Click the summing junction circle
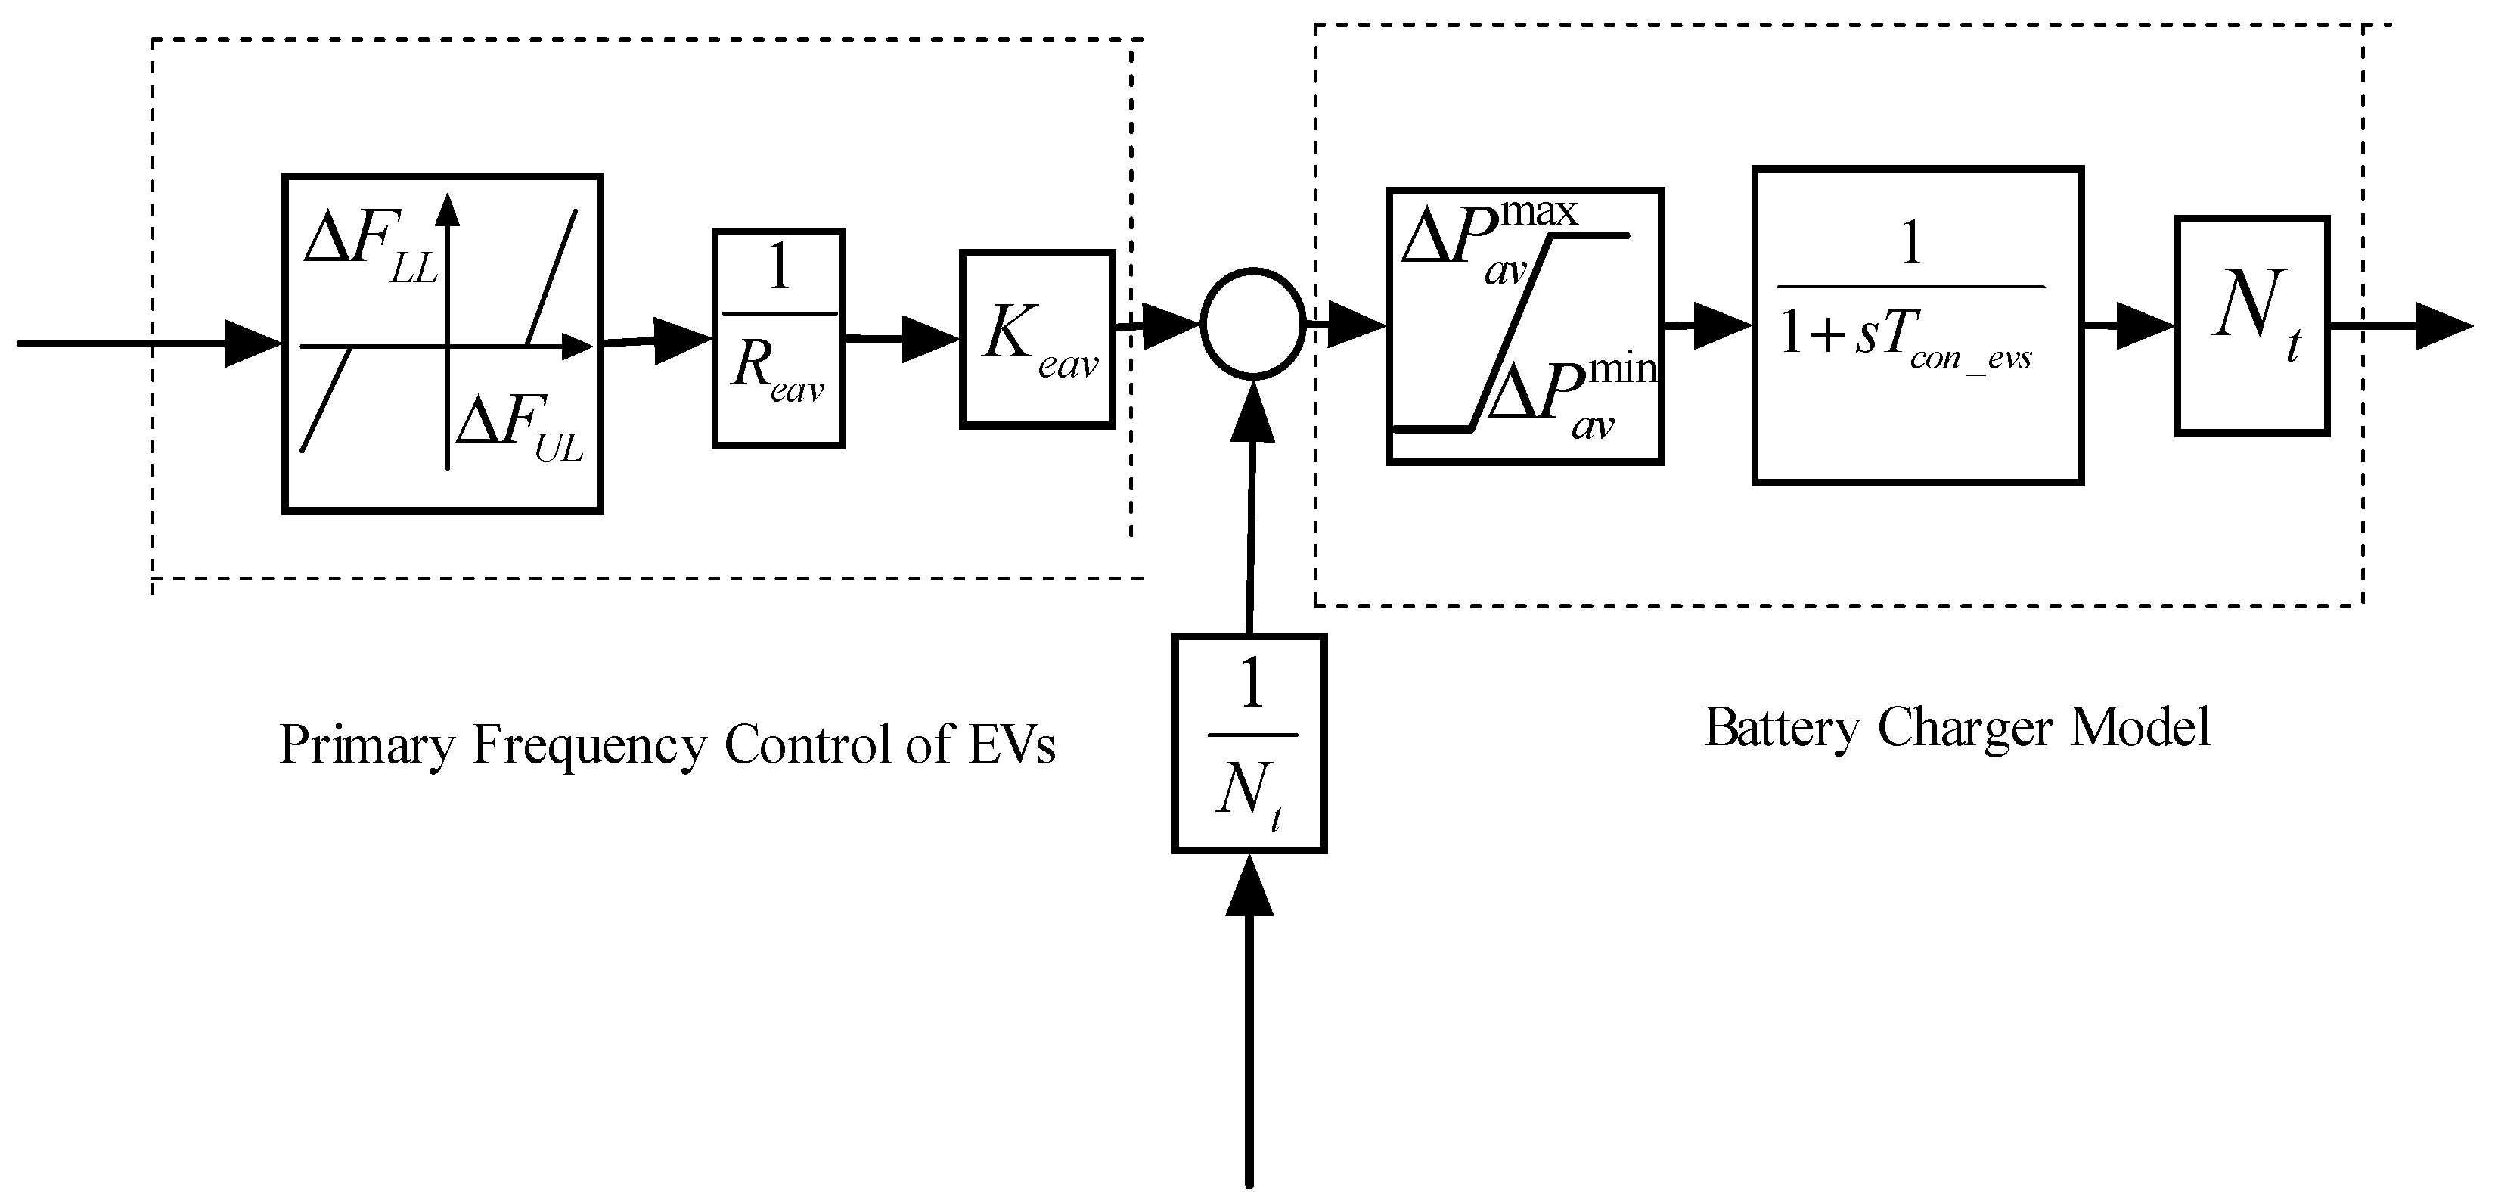point(1253,325)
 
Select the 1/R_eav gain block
point(779,338)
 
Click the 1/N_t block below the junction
point(1249,743)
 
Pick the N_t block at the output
point(2252,326)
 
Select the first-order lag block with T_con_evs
point(1918,325)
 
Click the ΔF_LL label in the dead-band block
point(370,245)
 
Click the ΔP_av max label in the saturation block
point(1487,238)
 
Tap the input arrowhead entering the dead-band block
point(252,343)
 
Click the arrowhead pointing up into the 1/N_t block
point(1249,886)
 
